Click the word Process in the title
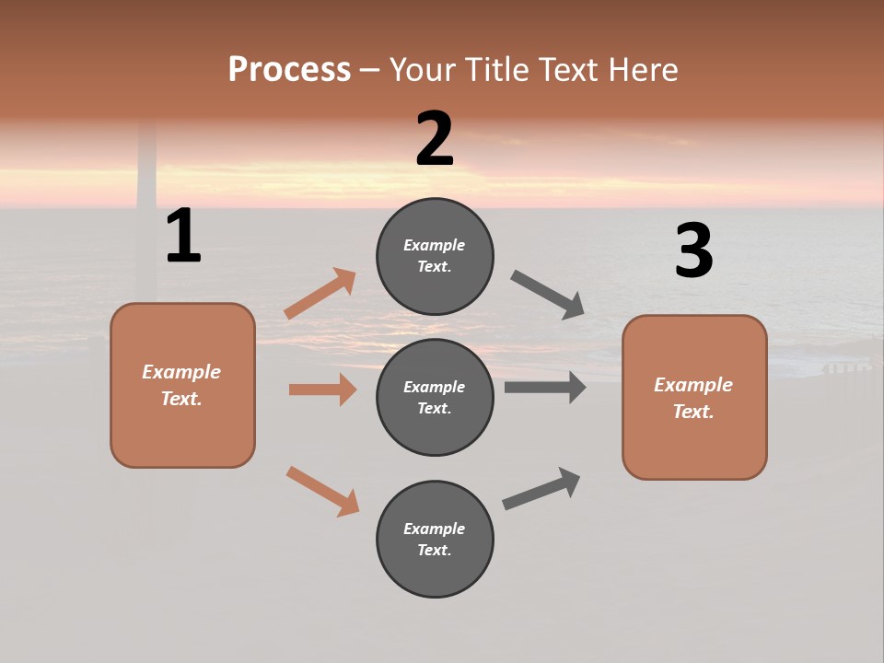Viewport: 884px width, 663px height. tap(289, 69)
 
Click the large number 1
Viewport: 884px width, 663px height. tap(183, 236)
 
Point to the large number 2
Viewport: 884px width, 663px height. tap(435, 139)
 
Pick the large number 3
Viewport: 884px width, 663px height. tap(693, 251)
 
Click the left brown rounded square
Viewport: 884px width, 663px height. tap(182, 385)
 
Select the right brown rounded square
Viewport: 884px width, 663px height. tap(694, 397)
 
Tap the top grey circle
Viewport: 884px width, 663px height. tap(435, 256)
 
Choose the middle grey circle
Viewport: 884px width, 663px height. tap(435, 397)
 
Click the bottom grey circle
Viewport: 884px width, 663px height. tap(435, 539)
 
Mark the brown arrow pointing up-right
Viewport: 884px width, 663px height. tap(320, 294)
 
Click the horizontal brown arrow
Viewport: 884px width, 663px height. tap(322, 390)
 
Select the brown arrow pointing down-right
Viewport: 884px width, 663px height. tap(322, 491)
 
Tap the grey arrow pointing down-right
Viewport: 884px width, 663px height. tap(548, 295)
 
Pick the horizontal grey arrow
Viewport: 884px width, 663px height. tap(545, 388)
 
